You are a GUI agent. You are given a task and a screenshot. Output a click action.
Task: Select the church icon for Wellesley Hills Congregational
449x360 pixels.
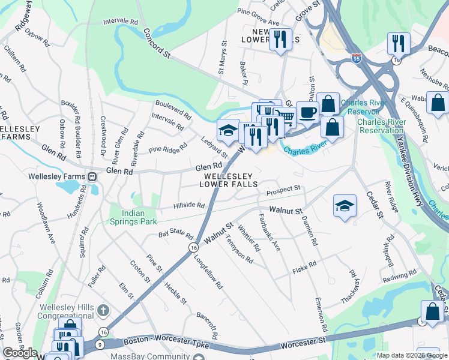pyautogui.click(x=103, y=311)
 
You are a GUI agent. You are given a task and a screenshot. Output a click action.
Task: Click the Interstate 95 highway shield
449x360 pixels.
pyautogui.click(x=357, y=58)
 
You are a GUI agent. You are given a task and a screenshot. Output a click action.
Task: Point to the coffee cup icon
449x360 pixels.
pyautogui.click(x=307, y=112)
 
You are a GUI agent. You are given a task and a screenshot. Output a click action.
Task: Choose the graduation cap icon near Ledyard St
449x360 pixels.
pyautogui.click(x=228, y=130)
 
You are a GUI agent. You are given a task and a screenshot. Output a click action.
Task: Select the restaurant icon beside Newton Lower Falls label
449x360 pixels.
pyautogui.click(x=280, y=40)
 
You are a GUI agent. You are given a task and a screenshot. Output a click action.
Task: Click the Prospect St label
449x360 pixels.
pyautogui.click(x=283, y=189)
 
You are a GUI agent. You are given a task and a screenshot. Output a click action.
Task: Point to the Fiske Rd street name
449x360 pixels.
pyautogui.click(x=304, y=265)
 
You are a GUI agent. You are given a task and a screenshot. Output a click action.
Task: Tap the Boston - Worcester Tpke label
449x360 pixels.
pyautogui.click(x=160, y=341)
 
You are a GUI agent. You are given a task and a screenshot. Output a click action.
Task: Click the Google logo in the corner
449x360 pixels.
pyautogui.click(x=20, y=353)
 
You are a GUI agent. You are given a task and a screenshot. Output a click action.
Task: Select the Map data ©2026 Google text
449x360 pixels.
pyautogui.click(x=411, y=355)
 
